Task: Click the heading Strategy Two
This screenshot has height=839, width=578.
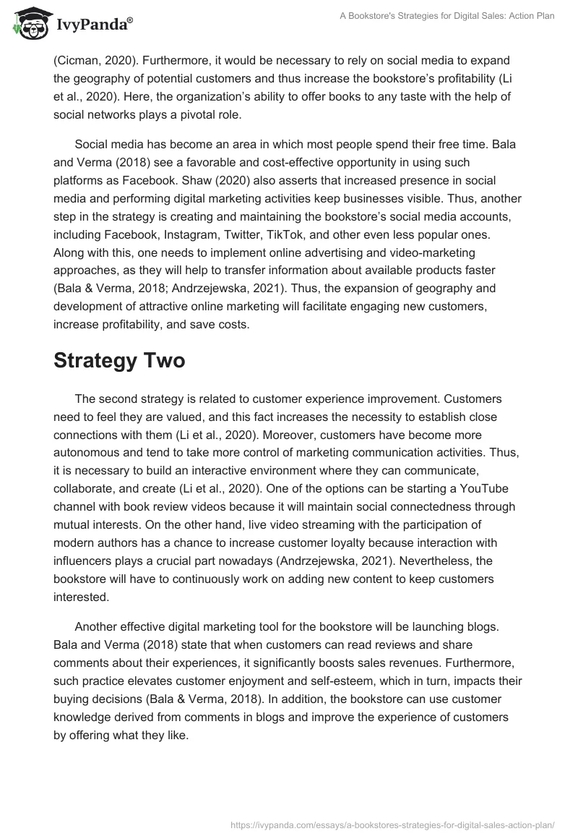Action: pyautogui.click(x=119, y=362)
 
